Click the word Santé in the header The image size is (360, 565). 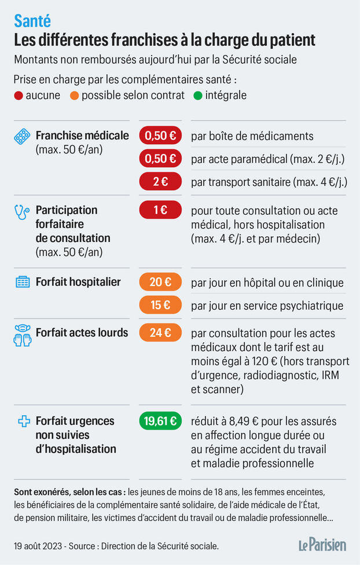tap(32, 21)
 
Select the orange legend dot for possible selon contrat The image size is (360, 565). tap(74, 96)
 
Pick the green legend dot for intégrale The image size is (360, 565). tap(198, 96)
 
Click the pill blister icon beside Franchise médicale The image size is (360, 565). tap(22, 137)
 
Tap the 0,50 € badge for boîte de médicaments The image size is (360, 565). tap(160, 136)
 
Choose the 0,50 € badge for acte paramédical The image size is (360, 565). tap(160, 159)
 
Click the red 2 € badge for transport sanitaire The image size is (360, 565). tap(160, 181)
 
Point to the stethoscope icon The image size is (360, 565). tap(22, 212)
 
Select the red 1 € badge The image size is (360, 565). tap(160, 210)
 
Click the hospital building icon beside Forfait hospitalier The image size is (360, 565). tap(22, 282)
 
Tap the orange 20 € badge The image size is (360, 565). tap(160, 282)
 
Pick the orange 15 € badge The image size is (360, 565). tap(160, 305)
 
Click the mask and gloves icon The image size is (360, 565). tap(22, 336)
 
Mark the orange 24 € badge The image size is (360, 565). tap(160, 333)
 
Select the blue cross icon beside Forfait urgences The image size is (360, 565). tap(24, 421)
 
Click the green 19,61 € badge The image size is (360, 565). tap(160, 421)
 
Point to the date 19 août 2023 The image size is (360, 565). tap(42, 545)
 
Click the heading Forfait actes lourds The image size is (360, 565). tap(82, 332)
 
